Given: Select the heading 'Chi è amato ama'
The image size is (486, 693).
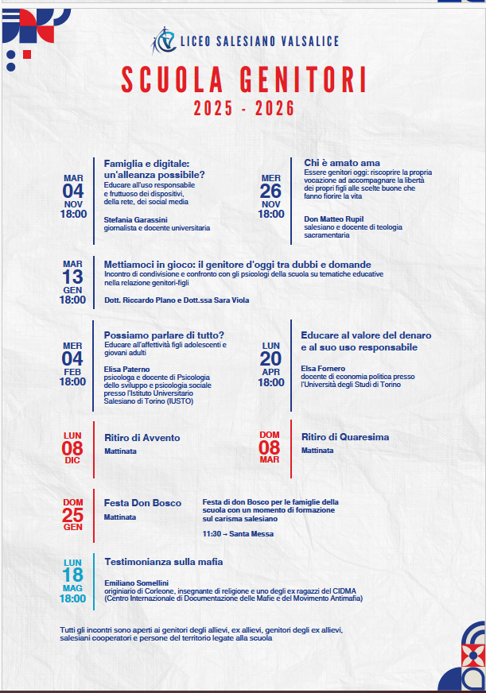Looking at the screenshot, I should click(342, 163).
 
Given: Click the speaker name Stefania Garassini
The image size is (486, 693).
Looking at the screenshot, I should click(136, 219).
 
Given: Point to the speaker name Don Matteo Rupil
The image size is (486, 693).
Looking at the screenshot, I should click(334, 219).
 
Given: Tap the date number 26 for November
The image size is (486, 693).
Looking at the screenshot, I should click(270, 192).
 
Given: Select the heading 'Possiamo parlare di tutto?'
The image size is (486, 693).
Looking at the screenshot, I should click(165, 335).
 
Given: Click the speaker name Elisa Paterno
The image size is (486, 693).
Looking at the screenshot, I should click(127, 369).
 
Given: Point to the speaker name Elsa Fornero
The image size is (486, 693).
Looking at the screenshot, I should click(323, 369).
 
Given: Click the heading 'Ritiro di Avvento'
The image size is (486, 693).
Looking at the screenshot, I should click(142, 438).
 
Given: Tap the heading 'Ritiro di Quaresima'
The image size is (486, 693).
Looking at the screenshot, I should click(345, 437).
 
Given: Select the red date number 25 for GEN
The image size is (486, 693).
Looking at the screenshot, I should click(73, 516).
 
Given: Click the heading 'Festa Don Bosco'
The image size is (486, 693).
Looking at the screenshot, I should click(143, 503).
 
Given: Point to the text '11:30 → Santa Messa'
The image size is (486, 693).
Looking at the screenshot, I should click(238, 534).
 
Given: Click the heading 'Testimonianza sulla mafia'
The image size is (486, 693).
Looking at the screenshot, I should click(164, 562).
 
